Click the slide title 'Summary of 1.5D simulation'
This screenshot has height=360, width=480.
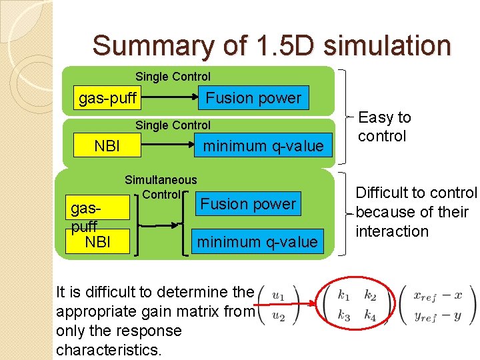pos(272,45)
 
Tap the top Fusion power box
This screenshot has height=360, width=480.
pos(253,98)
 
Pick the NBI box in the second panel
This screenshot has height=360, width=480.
pos(107,145)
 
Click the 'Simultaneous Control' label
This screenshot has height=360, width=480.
pos(161,187)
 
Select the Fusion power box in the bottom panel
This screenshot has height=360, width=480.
pos(248,204)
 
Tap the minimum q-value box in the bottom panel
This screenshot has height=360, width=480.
pos(256,241)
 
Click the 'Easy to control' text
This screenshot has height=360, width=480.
pos(385,127)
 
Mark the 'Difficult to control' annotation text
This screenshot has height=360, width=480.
pos(416,212)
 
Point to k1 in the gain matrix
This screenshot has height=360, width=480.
pos(344,295)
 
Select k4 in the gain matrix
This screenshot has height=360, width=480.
pos(370,317)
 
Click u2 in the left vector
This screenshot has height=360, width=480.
pos(279,317)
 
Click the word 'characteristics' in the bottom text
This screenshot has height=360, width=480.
pos(109,350)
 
